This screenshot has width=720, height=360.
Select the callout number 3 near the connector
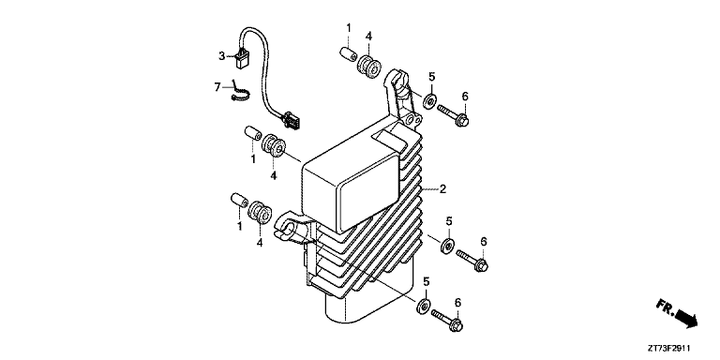coord(221,56)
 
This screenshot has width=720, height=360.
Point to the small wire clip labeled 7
coord(240,93)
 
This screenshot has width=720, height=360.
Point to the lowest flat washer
coord(423,306)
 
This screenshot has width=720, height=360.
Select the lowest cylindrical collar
coord(239,201)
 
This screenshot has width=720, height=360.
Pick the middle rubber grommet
coord(274,146)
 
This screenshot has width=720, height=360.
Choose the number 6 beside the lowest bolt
coord(457,302)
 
